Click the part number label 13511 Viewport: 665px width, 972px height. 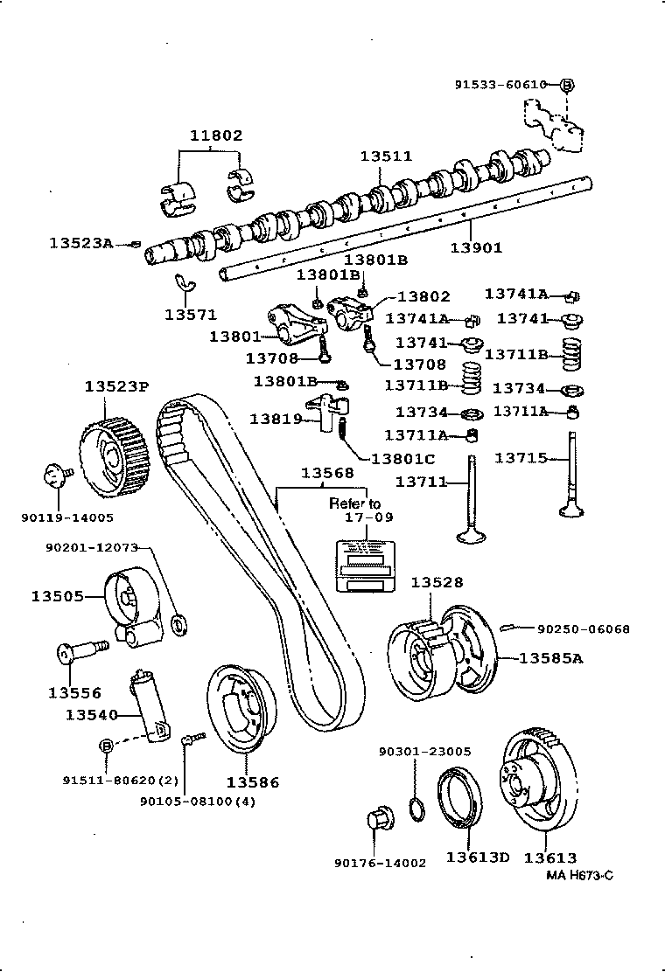point(386,156)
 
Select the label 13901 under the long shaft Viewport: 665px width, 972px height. point(476,247)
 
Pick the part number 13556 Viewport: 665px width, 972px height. point(74,693)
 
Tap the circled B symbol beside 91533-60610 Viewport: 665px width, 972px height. point(566,85)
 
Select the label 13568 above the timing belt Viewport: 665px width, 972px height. point(328,473)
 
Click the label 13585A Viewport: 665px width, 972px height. point(551,657)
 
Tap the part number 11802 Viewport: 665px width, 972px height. point(216,135)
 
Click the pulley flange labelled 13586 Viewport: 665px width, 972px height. point(241,709)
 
